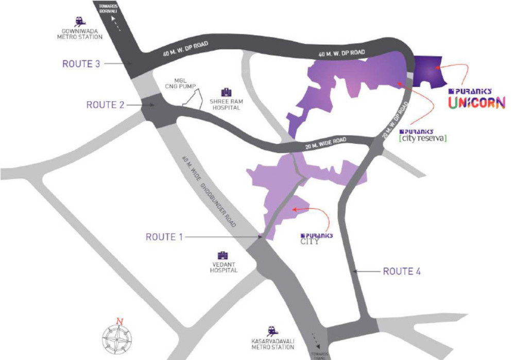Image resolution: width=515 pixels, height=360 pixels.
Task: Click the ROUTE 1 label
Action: [164, 237]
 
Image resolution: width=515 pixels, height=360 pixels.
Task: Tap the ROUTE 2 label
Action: [106, 105]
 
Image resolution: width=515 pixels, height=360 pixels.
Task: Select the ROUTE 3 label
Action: [81, 64]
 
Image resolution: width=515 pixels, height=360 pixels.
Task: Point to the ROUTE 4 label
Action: [402, 271]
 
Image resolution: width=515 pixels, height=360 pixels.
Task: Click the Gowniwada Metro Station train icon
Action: [80, 22]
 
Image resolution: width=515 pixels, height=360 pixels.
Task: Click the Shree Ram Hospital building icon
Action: [226, 93]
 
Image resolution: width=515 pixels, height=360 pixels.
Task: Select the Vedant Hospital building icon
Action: [222, 256]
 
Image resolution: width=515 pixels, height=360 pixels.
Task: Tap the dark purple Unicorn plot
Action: [430, 71]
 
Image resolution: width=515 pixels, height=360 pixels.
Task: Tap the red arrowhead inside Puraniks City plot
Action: [294, 209]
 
